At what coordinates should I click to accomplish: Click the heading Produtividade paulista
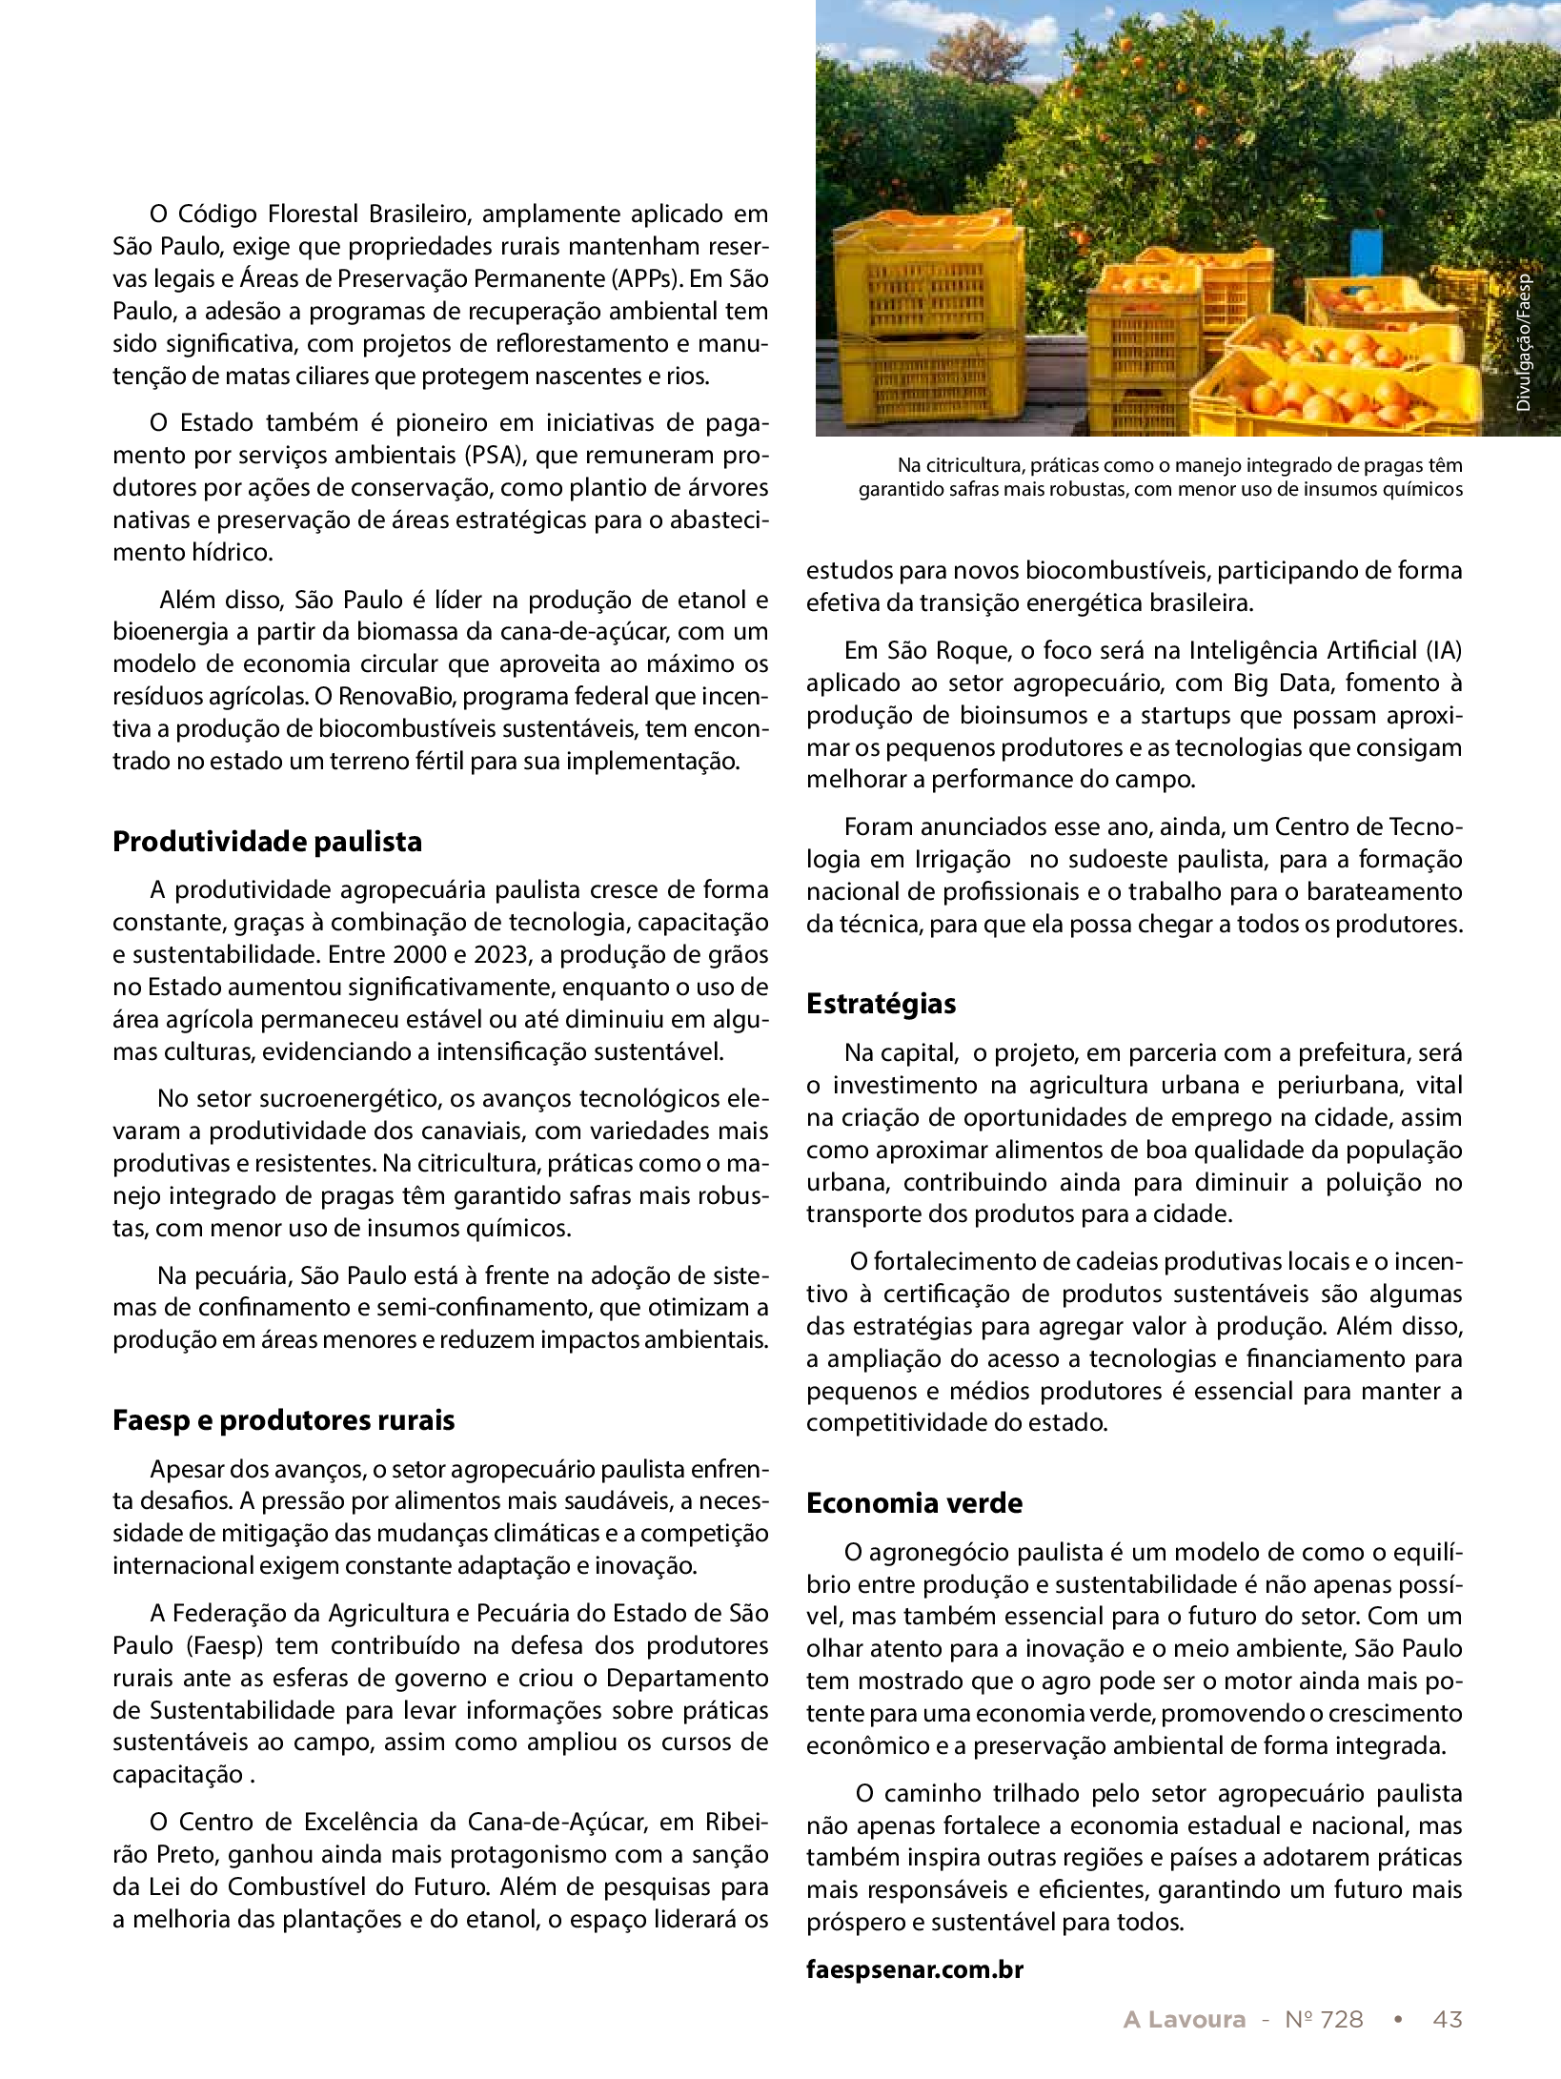(267, 842)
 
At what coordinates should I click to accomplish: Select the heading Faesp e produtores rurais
(283, 1419)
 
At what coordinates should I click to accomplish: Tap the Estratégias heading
(881, 1004)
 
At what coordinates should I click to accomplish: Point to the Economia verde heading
(914, 1502)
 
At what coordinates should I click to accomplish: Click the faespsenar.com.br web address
(914, 1968)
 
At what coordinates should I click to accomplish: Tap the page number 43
(1447, 2019)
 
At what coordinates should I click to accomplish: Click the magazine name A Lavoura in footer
(1184, 2019)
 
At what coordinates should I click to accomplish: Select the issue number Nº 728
(1324, 2019)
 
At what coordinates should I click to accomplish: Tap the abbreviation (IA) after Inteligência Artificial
(1443, 650)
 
